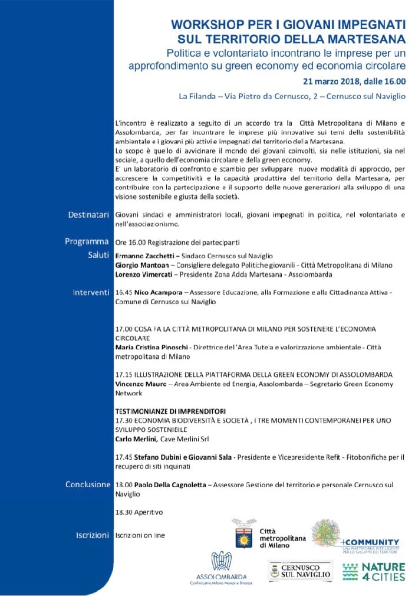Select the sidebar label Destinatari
pos(88,215)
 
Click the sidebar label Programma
pos(87,241)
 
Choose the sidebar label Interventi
pos(91,292)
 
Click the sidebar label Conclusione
pos(88,484)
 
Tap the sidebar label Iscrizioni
pos(93,535)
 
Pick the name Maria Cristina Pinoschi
pos(155,348)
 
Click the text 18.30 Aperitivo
pos(139,512)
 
